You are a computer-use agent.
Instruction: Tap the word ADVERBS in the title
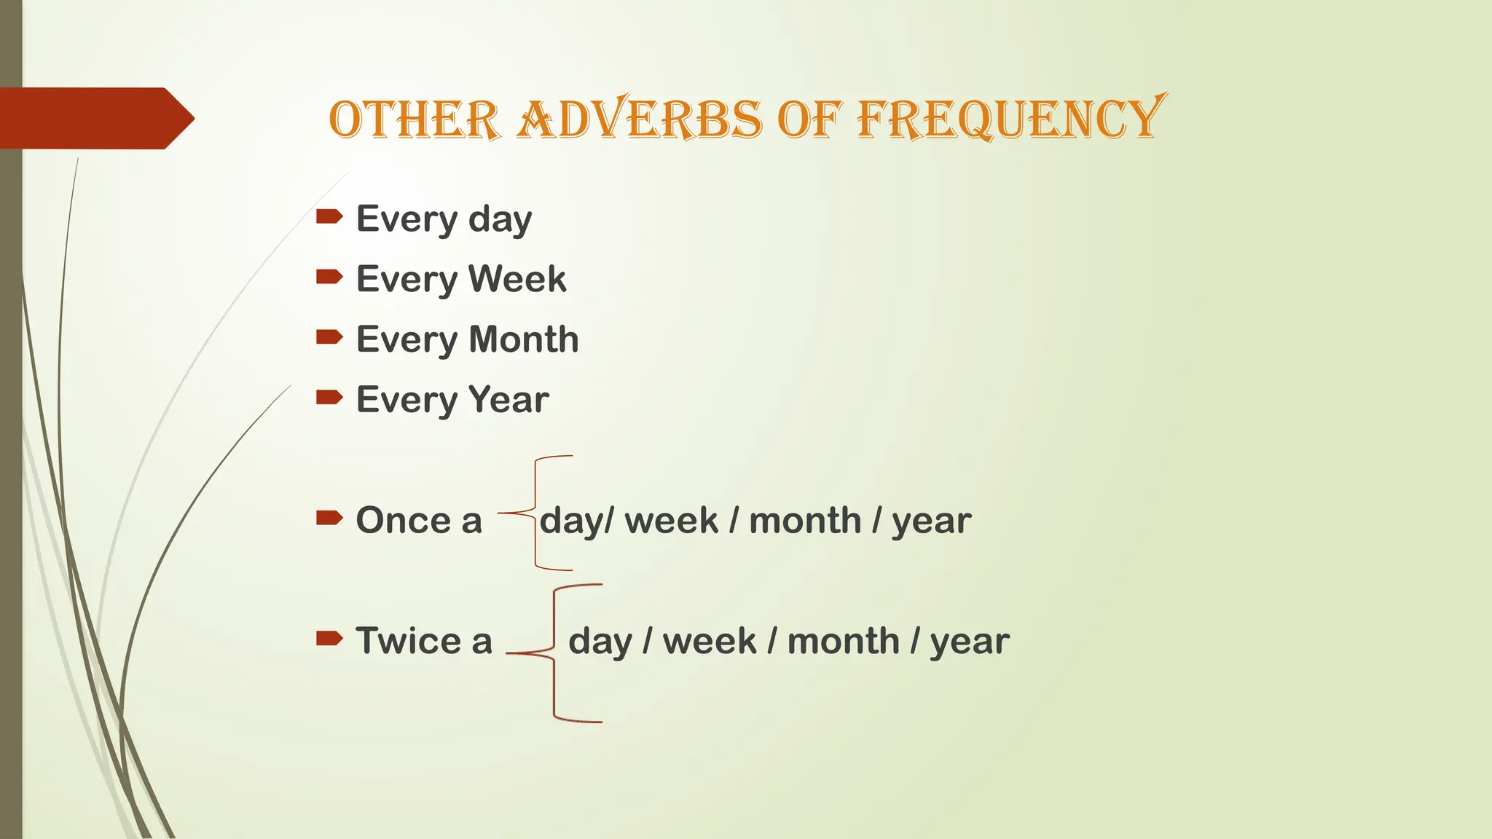coord(640,119)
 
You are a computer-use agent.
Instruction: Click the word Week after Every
coord(517,279)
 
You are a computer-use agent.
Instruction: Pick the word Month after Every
coord(523,339)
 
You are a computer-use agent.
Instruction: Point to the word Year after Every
coord(509,400)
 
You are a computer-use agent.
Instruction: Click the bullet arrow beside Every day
coord(329,216)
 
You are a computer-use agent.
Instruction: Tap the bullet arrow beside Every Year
coord(329,397)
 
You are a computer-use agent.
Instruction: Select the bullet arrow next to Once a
coord(329,518)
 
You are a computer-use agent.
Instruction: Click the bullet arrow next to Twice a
coord(329,639)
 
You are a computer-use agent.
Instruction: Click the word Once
coord(403,521)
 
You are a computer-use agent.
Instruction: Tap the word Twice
coord(409,641)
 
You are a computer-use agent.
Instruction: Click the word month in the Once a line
coord(805,521)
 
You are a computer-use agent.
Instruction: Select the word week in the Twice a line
coord(709,642)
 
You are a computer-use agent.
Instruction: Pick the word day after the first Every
coord(500,219)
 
